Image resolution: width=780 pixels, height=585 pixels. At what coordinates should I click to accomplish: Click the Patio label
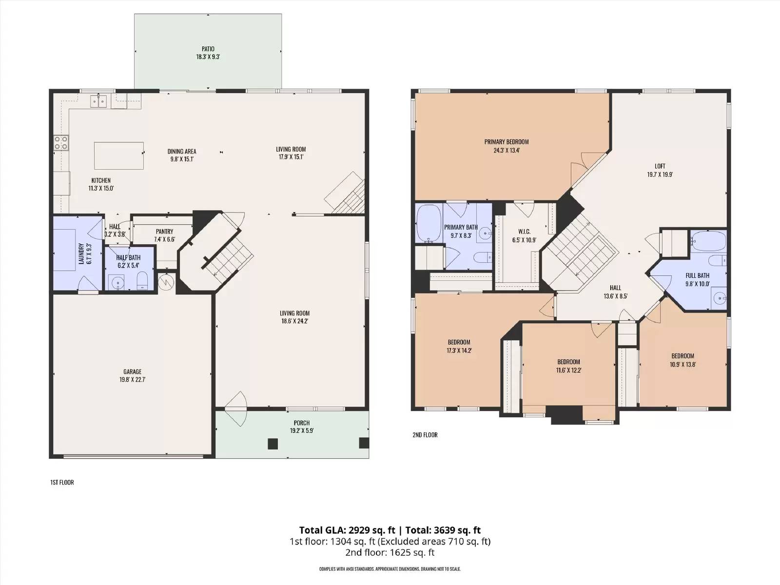(208, 49)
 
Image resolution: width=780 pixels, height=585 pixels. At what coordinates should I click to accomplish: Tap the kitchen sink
(98, 101)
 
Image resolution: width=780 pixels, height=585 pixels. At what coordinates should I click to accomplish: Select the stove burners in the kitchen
(61, 143)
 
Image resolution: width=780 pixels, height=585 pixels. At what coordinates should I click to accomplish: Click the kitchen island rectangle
(119, 156)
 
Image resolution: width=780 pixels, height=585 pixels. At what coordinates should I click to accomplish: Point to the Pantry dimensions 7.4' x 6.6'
(164, 239)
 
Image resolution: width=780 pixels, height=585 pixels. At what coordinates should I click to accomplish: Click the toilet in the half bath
(142, 280)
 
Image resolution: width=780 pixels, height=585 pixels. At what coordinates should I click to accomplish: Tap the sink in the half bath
(116, 282)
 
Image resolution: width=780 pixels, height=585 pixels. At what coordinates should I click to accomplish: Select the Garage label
(132, 372)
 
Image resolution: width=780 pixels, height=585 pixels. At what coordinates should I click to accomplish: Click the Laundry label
(81, 253)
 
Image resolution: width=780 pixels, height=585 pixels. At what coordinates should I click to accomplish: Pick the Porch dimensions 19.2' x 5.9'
(302, 431)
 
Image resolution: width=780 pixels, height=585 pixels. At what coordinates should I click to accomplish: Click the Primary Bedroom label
(507, 142)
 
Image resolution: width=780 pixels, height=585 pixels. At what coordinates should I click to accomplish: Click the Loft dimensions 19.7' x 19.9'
(660, 175)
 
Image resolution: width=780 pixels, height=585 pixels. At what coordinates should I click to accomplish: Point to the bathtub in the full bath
(708, 241)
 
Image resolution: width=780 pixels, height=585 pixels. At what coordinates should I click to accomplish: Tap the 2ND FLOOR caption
(425, 435)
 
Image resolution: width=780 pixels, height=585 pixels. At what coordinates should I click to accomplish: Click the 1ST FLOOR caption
(62, 482)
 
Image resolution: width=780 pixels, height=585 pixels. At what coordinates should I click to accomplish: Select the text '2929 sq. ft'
(371, 530)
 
